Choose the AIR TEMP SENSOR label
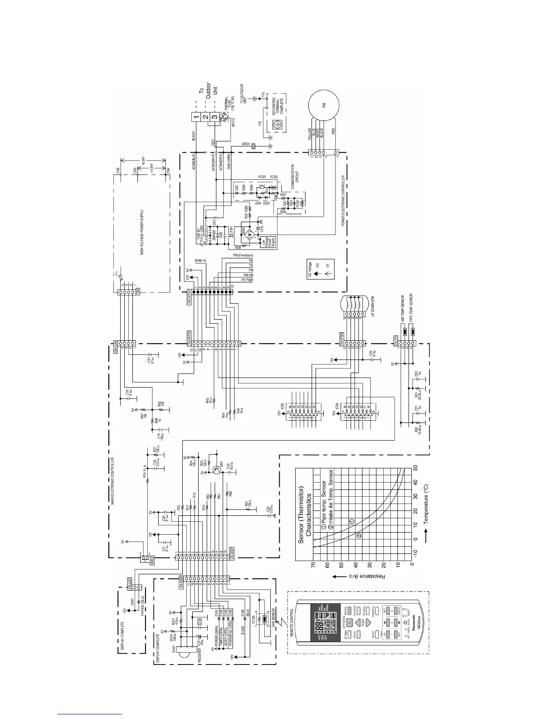point(402,308)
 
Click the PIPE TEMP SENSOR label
point(411,308)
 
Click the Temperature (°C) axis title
point(426,499)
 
